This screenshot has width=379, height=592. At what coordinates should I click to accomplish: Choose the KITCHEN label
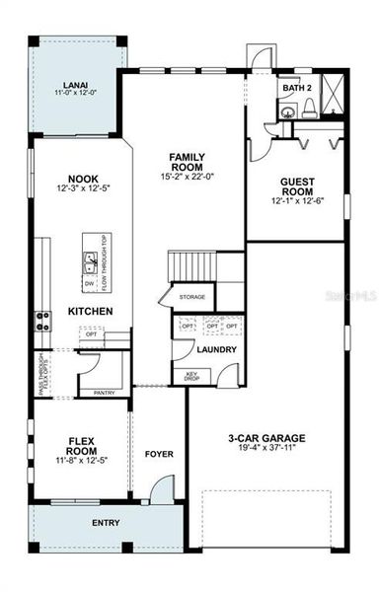(90, 312)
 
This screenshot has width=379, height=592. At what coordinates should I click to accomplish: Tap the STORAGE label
(191, 296)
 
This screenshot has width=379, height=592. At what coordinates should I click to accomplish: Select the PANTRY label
(104, 393)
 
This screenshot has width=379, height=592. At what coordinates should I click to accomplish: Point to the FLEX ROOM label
(80, 447)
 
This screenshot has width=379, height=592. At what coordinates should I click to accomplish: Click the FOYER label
(159, 455)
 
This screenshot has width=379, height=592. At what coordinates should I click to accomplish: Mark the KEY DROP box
(192, 376)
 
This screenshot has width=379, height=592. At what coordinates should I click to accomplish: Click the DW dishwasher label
(88, 284)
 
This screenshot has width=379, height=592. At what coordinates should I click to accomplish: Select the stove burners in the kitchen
(42, 320)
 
